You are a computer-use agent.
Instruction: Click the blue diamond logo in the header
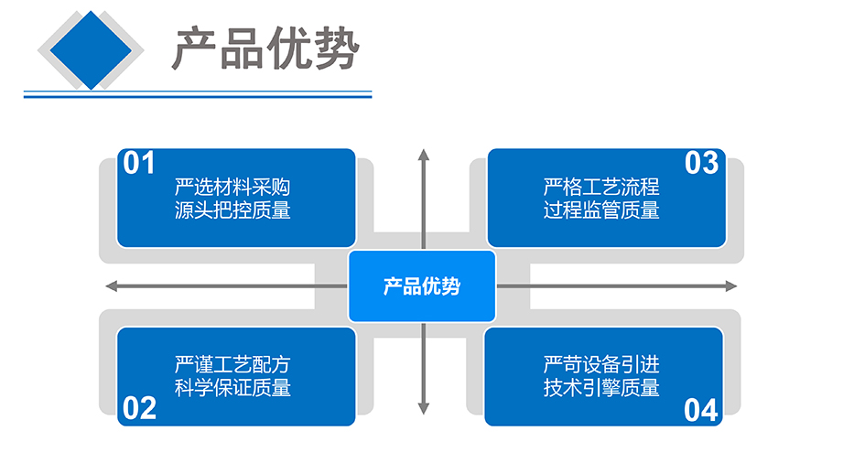tap(91, 50)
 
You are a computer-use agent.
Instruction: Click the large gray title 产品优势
tap(265, 48)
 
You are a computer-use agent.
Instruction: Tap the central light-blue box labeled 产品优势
tap(422, 285)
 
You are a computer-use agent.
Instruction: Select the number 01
tap(139, 163)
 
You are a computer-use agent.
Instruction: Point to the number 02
tap(139, 408)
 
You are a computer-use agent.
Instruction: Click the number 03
tap(702, 163)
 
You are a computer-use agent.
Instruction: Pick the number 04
tap(701, 410)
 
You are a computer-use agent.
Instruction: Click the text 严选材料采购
tap(232, 187)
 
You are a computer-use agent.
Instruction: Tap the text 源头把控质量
tap(232, 210)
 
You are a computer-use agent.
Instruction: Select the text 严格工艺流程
tap(601, 187)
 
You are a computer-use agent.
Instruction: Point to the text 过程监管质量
tap(601, 210)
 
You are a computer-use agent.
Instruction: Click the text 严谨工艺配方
tap(232, 364)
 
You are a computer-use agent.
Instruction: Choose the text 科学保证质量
tap(232, 387)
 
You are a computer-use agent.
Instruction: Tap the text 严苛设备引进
tap(601, 364)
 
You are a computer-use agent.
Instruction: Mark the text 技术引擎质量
tap(601, 387)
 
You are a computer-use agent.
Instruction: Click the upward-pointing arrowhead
tap(424, 155)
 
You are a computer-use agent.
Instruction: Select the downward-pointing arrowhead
tap(424, 408)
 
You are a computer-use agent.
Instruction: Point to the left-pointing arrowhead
tap(112, 285)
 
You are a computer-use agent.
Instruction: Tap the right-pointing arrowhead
tap(731, 285)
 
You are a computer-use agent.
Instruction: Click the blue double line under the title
tap(198, 94)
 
